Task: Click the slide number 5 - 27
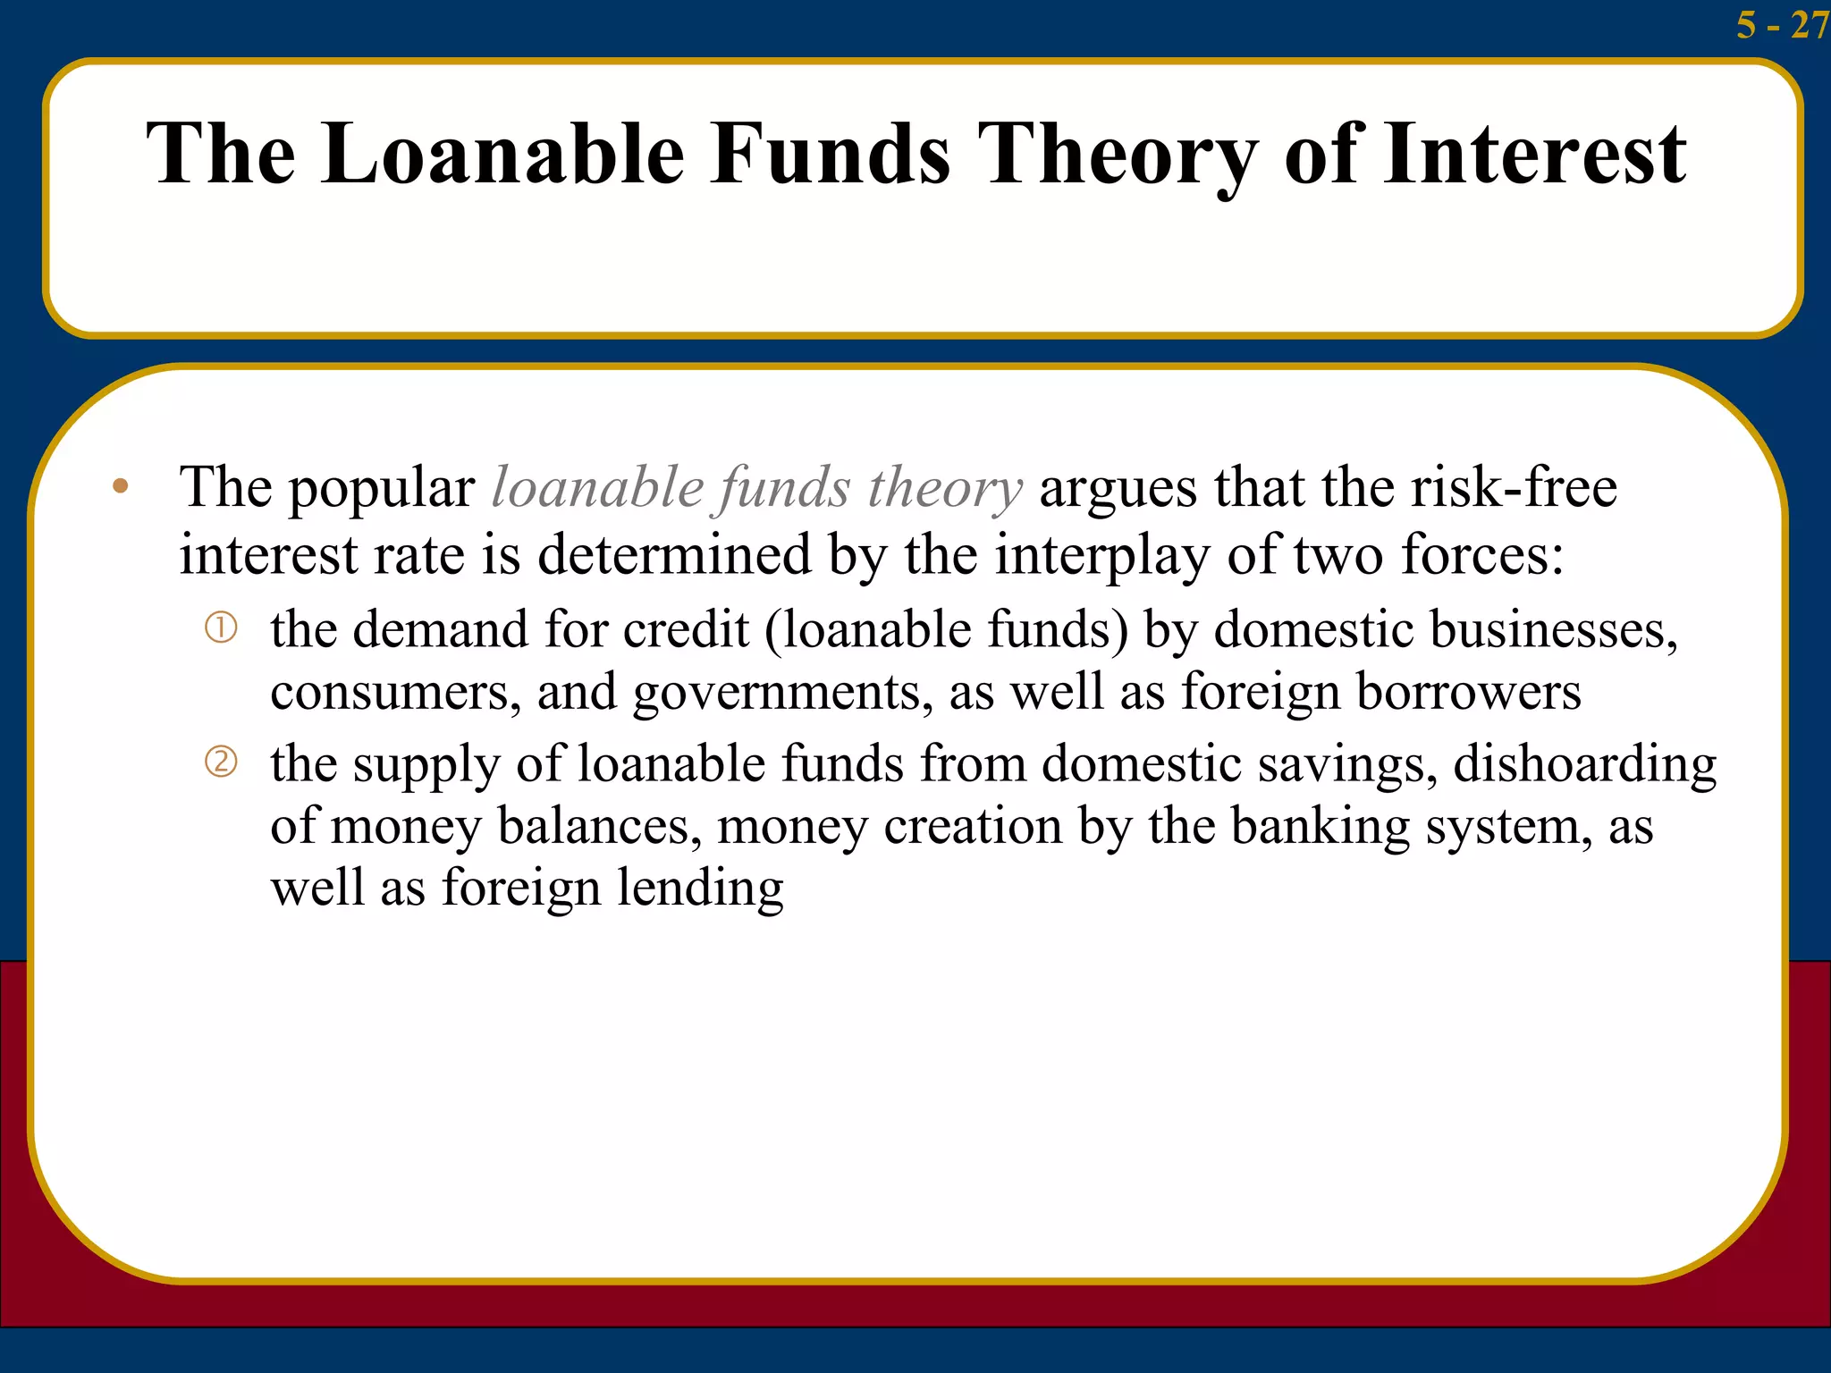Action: coord(1780,24)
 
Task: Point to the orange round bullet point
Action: coord(121,487)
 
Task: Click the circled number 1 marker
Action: coord(221,628)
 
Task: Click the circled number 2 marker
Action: coord(221,762)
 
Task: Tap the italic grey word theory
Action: coord(944,489)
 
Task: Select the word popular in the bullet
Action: coord(381,491)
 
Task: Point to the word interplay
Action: coord(1101,556)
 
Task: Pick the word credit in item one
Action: coord(686,629)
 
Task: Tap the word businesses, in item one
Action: coord(1554,629)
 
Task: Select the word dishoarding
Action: coord(1584,764)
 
